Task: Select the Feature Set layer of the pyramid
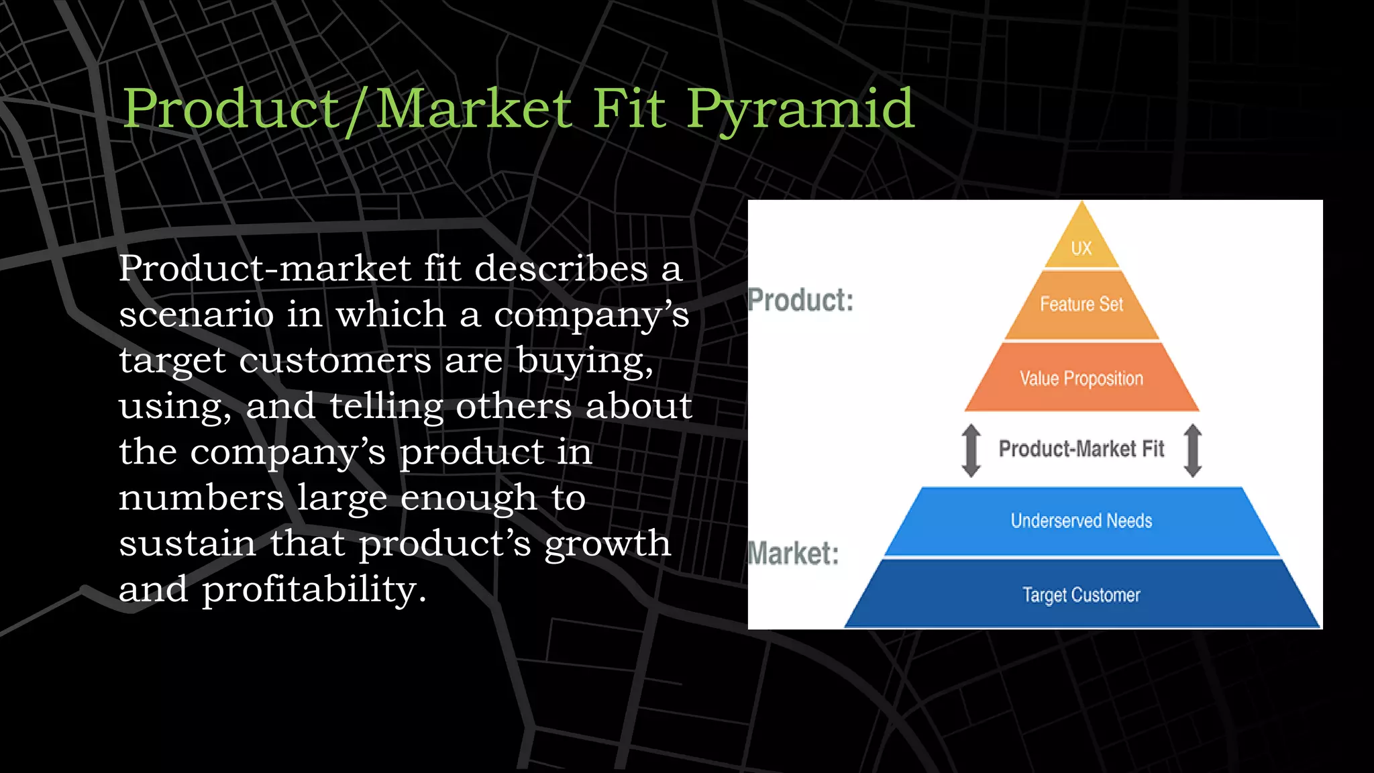(1081, 305)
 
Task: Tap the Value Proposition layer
(1081, 378)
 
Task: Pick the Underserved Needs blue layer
(1081, 521)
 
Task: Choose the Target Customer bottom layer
(1081, 595)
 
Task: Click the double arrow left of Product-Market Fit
(971, 450)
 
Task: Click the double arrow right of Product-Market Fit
(1192, 450)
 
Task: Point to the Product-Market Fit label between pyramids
(1081, 448)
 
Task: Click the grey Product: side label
(800, 300)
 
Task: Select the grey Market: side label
(793, 554)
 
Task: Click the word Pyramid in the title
(800, 109)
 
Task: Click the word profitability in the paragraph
(313, 589)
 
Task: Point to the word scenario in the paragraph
(196, 315)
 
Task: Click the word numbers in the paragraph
(201, 498)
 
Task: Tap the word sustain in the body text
(187, 544)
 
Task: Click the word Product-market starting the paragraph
(264, 268)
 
